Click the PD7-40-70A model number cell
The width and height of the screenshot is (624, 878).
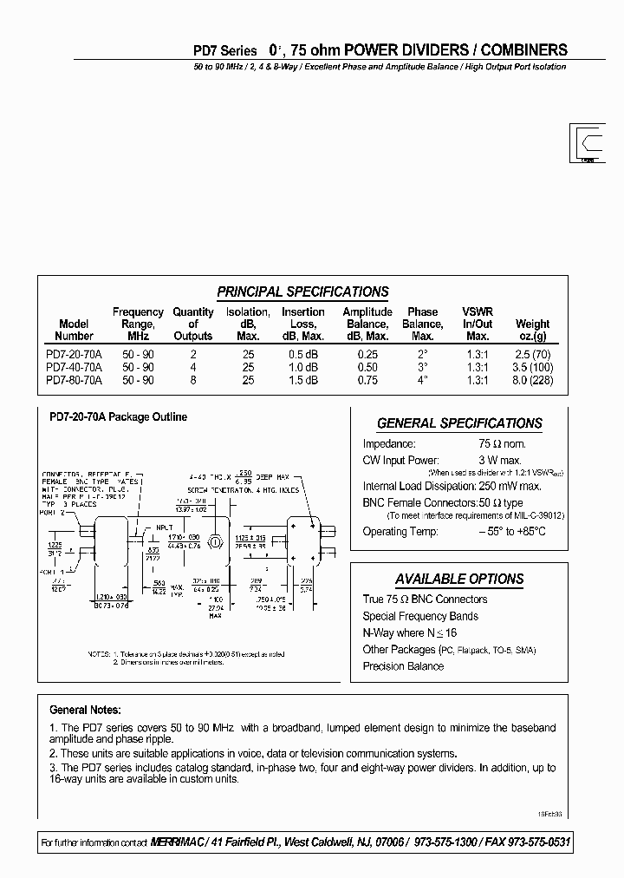[x=74, y=367]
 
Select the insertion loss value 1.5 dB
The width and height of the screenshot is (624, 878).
[x=303, y=380]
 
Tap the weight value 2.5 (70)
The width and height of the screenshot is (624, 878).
[x=532, y=355]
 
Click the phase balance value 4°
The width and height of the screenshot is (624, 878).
[x=422, y=380]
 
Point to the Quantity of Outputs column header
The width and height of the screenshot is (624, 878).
[x=193, y=324]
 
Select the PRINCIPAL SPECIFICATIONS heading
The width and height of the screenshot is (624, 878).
[x=302, y=292]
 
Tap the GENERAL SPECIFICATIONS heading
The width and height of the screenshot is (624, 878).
[x=459, y=423]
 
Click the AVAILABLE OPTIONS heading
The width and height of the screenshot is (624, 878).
[x=459, y=579]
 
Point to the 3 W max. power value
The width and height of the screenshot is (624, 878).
[x=501, y=459]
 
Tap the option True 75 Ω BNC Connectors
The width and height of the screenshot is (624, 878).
[x=425, y=600]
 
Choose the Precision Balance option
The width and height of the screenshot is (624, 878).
[x=403, y=666]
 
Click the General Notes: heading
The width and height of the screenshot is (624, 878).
[x=85, y=710]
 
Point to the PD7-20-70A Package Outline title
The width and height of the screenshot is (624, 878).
[x=113, y=417]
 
